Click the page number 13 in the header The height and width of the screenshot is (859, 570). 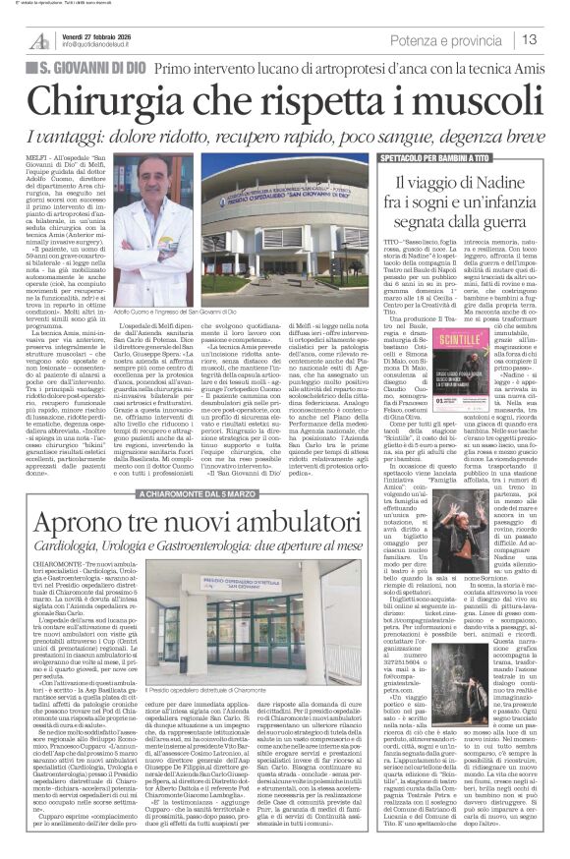tap(555, 40)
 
